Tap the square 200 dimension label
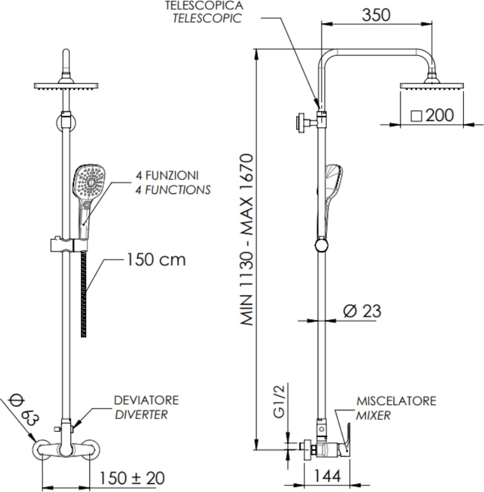[x=431, y=115]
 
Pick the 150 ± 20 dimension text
[x=132, y=478]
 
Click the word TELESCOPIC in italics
[x=207, y=18]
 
